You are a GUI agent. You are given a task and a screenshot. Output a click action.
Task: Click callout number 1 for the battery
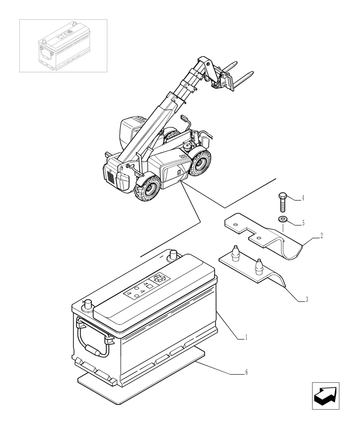(246, 338)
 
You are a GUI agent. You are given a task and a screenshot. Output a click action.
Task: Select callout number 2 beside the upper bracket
(321, 236)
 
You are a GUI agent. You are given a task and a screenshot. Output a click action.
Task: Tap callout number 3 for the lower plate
(306, 300)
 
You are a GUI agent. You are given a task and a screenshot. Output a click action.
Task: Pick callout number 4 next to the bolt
(303, 198)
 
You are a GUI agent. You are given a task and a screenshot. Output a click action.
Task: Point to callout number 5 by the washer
(303, 223)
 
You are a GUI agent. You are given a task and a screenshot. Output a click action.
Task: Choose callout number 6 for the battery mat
(246, 372)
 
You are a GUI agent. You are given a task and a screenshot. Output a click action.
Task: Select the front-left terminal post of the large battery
(88, 305)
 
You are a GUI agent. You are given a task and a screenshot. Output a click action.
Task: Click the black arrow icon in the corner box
(325, 396)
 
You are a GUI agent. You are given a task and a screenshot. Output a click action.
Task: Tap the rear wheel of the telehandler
(200, 164)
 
